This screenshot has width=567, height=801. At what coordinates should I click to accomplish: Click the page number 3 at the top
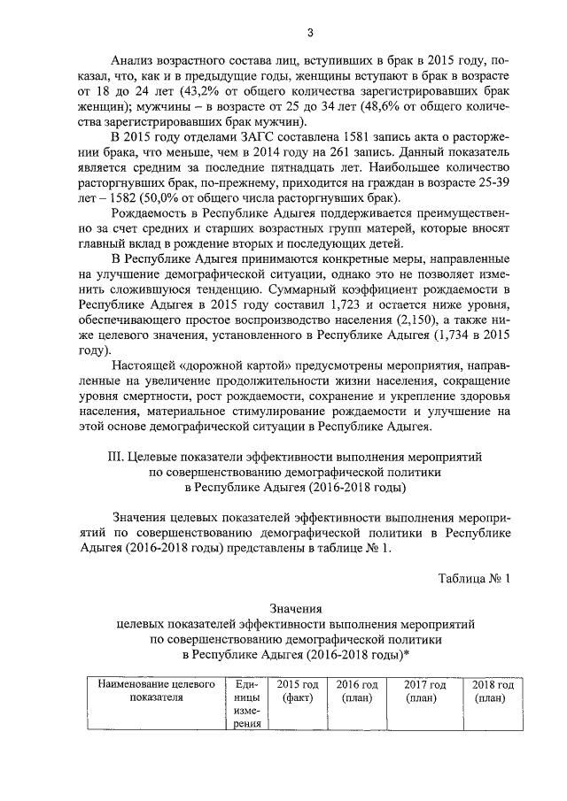tap(310, 33)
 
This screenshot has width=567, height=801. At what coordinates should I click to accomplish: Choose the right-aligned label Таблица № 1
tap(475, 577)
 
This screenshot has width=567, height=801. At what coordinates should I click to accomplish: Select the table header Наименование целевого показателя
tap(155, 691)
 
